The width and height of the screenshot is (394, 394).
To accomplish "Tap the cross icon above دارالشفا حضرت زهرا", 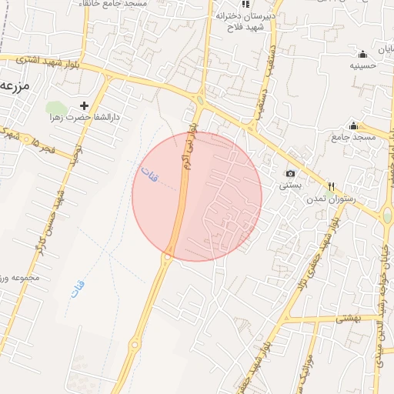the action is [x=85, y=105].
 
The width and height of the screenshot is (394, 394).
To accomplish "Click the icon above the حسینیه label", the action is [x=362, y=54].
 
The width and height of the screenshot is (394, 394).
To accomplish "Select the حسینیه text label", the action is [x=362, y=66].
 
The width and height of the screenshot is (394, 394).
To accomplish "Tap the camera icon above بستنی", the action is [x=290, y=174].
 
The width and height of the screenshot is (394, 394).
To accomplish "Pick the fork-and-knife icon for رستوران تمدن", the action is [x=332, y=185].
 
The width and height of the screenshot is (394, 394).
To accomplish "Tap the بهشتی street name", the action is [x=350, y=316].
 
